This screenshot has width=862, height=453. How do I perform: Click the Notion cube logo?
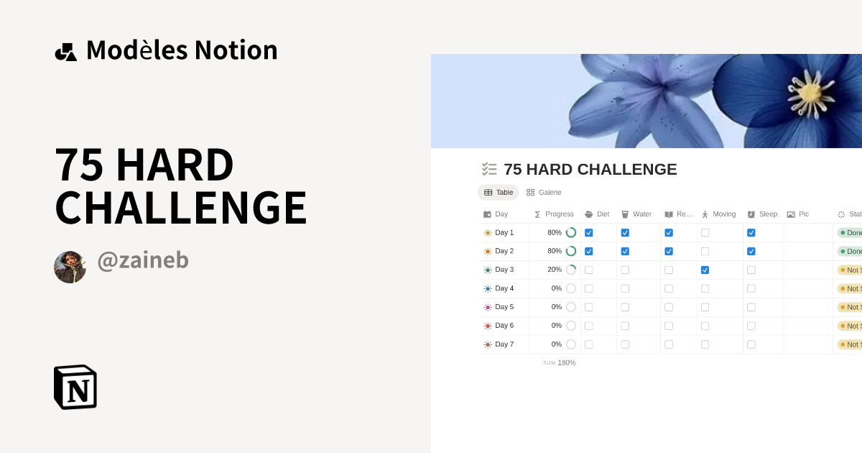pyautogui.click(x=75, y=388)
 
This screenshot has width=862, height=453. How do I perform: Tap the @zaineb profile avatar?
pyautogui.click(x=70, y=267)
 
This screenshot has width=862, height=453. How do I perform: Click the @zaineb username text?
pyautogui.click(x=143, y=260)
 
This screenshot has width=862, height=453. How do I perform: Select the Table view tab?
pyautogui.click(x=499, y=193)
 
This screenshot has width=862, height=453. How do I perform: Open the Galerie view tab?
pyautogui.click(x=544, y=193)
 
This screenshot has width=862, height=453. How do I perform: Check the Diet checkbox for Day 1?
pyautogui.click(x=589, y=233)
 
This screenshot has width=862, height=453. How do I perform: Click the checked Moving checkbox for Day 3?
pyautogui.click(x=705, y=270)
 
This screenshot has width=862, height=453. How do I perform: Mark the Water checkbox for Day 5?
pyautogui.click(x=625, y=307)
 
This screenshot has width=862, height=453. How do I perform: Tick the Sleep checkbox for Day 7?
pyautogui.click(x=751, y=344)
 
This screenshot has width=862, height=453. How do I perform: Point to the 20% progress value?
pyautogui.click(x=555, y=270)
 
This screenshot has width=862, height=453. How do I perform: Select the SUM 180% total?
pyautogui.click(x=560, y=363)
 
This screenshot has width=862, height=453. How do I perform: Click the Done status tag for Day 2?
pyautogui.click(x=850, y=252)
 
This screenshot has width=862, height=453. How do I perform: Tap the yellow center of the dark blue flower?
pyautogui.click(x=810, y=93)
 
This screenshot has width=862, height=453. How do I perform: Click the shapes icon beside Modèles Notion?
pyautogui.click(x=66, y=51)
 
